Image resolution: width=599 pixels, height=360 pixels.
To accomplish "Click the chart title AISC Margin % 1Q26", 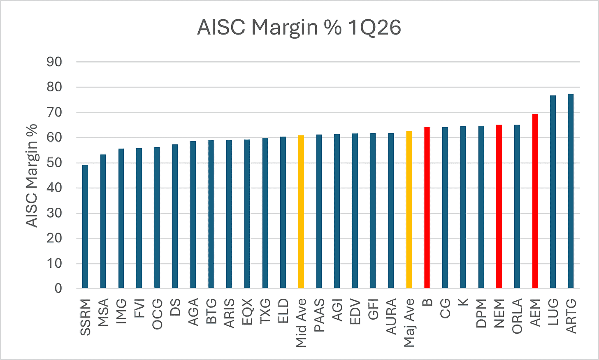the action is tap(299, 28).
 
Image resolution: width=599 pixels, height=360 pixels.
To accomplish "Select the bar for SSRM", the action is tap(85, 227).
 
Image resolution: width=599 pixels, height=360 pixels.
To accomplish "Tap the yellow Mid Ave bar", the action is tap(301, 212).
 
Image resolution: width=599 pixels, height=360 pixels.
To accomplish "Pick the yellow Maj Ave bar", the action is tap(409, 210).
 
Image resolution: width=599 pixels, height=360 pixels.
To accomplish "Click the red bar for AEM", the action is tap(535, 201).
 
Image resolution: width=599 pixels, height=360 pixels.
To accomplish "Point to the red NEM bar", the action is tap(499, 207).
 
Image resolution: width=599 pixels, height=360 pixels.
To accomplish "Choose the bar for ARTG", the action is tap(571, 191).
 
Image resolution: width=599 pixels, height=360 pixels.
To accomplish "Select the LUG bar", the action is tap(553, 192).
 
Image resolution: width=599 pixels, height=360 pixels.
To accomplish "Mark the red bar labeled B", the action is tap(427, 207).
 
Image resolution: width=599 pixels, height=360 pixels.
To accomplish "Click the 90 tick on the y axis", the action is tap(54, 62).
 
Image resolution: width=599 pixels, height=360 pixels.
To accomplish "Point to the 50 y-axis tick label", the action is tap(54, 163).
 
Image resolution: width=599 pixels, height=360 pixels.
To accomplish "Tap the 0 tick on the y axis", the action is tap(58, 289).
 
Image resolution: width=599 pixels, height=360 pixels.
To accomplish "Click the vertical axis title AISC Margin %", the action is tap(32, 176).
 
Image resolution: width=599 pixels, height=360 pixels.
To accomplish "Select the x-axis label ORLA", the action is tap(517, 316).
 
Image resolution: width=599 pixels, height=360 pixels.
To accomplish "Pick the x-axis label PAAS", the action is tap(319, 315).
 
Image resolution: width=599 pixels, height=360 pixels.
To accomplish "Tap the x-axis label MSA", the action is tap(103, 313).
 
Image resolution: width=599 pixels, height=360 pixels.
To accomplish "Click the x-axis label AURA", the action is tap(391, 317).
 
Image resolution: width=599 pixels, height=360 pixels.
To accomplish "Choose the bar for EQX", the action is tap(247, 214).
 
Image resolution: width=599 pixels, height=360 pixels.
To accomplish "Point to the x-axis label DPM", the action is tap(481, 314).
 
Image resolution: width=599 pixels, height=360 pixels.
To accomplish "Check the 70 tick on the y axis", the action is tap(54, 113).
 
